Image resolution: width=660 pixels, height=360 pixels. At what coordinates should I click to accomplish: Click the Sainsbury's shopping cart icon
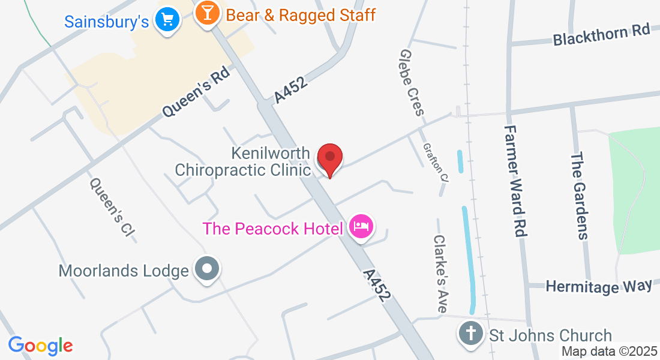167,21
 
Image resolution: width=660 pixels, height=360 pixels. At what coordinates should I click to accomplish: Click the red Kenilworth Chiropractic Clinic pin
329,159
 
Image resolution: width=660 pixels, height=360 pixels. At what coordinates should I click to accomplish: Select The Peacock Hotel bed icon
361,227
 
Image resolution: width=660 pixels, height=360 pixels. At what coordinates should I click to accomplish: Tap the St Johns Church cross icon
471,333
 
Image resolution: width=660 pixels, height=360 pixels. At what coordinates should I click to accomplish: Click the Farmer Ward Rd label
517,181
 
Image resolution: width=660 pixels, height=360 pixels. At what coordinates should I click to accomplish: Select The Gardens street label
578,196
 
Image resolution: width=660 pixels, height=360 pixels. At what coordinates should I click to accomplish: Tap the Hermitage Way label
598,286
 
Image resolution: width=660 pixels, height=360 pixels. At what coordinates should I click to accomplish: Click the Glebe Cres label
411,83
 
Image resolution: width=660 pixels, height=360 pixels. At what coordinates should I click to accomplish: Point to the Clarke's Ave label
440,273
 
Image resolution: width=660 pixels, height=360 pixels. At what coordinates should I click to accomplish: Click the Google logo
40,346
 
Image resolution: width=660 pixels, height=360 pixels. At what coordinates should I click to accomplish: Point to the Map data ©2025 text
610,352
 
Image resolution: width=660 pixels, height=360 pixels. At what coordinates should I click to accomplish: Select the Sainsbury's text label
106,22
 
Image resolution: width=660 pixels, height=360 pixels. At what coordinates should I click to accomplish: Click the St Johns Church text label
550,335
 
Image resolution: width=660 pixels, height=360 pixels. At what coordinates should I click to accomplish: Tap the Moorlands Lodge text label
124,271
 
